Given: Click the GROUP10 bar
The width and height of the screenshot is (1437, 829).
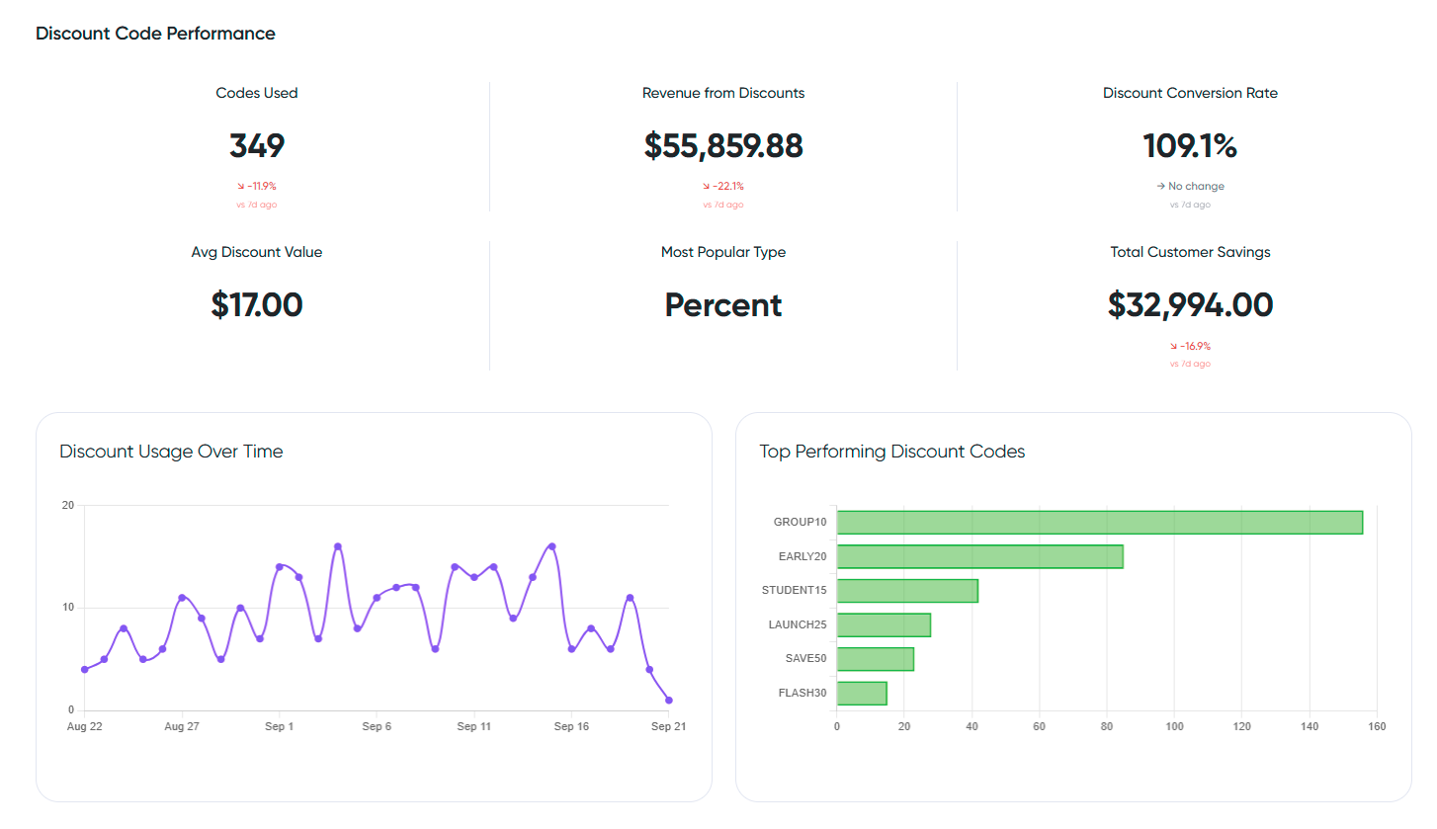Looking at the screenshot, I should (1099, 522).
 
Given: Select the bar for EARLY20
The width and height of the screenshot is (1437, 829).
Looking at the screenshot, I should (979, 556).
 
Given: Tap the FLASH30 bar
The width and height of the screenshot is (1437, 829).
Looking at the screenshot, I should (862, 693).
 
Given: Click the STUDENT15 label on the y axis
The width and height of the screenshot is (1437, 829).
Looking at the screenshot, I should (794, 590).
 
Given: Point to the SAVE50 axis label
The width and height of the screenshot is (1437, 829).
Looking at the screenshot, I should (805, 658).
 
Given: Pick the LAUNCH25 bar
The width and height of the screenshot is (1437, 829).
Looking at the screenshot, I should (884, 624).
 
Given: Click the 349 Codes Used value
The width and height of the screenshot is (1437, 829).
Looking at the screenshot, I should (257, 146).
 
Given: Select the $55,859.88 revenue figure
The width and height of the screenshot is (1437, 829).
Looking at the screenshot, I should (723, 146).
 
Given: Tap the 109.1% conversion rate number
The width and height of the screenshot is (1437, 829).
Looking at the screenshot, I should (1190, 146).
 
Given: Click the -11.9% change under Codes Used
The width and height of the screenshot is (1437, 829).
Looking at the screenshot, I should (257, 186).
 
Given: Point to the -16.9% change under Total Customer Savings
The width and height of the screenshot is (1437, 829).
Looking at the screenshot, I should (1190, 346).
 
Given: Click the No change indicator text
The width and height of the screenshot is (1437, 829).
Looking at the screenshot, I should (1196, 186).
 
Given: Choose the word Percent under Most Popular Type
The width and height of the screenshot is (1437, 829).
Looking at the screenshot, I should (723, 305).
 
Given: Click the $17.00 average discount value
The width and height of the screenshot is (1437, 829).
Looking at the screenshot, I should (257, 305).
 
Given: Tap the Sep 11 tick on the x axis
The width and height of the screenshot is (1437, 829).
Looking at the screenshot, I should (473, 726).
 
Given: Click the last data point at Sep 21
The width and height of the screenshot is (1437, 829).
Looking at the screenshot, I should (669, 700).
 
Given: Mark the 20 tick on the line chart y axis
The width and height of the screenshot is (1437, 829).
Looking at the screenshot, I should (68, 505).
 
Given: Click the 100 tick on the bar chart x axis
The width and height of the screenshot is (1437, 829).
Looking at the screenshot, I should (1174, 726).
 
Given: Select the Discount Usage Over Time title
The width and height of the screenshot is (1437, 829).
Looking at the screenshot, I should (171, 452).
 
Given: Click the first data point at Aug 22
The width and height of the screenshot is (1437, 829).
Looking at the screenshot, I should (85, 669).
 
